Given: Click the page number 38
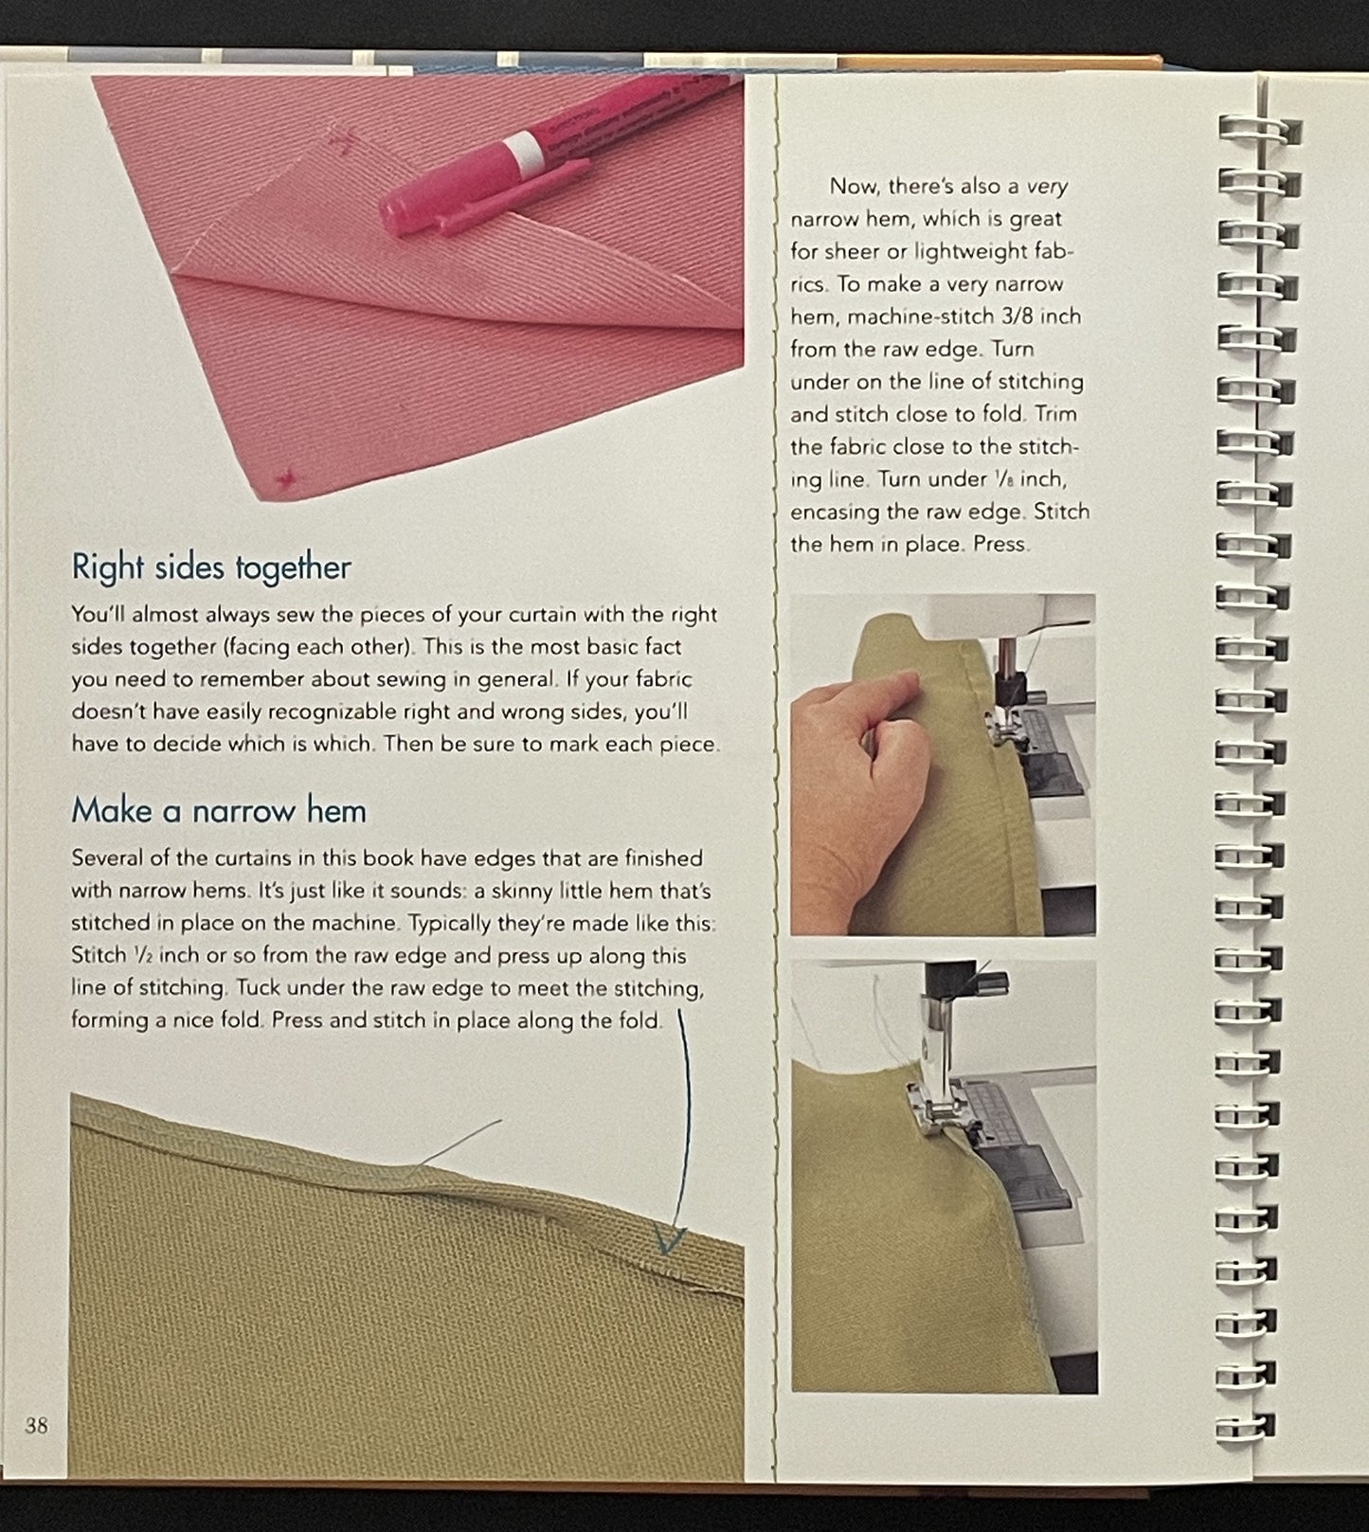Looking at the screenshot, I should pos(36,1425).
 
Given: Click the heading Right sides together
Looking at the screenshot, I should pos(211,568).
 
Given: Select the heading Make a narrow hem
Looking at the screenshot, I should pos(218,811).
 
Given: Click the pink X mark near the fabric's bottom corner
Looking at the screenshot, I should pos(283,478).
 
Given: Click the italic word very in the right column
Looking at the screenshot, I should pos(1048,187).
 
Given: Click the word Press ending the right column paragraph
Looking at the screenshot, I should pos(1000,545).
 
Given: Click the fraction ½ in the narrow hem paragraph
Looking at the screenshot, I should pos(139,956).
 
